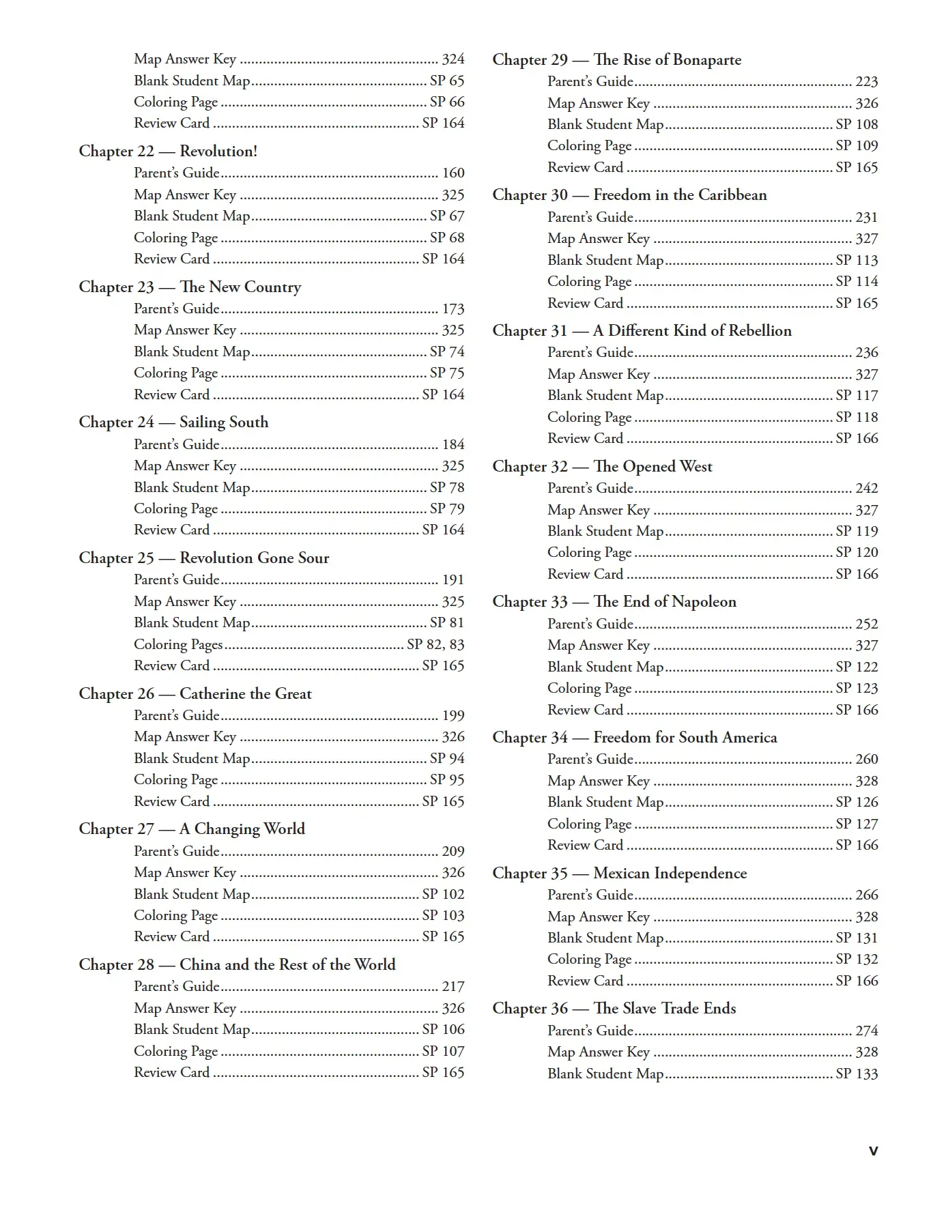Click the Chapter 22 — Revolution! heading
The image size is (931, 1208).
168,152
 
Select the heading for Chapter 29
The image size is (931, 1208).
616,60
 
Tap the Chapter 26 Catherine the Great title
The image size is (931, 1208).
195,694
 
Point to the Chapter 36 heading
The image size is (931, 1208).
614,1009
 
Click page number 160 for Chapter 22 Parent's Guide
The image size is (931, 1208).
453,173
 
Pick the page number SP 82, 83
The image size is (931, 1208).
435,645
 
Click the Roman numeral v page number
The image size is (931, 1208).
873,1151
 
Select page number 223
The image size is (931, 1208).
866,82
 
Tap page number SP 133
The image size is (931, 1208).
857,1074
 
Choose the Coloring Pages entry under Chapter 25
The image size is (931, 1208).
178,645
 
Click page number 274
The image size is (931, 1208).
866,1031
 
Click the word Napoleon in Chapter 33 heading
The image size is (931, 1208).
704,602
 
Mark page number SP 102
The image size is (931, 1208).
443,895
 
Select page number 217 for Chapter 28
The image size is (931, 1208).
453,987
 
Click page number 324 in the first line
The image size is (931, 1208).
453,59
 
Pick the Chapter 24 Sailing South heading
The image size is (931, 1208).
173,422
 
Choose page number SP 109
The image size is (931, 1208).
857,146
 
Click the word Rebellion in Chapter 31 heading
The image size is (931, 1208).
760,331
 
